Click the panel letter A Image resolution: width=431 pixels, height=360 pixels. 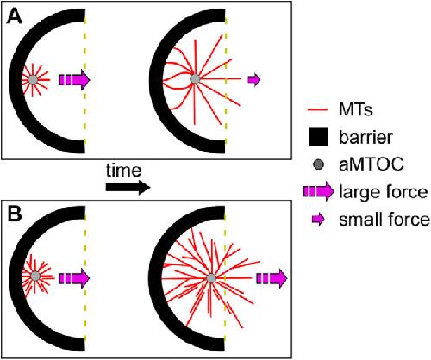tap(15, 16)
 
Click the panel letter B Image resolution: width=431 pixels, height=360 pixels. tap(15, 214)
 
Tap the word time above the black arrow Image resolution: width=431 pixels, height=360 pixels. tap(123, 171)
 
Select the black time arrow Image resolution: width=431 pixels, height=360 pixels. tap(128, 188)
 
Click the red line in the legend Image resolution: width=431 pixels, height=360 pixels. tap(317, 109)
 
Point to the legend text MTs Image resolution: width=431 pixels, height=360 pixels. tap(356, 109)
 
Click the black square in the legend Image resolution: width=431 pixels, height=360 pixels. tap(318, 137)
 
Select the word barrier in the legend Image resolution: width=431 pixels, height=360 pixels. tap(365, 137)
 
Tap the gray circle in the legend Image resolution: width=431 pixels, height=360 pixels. tap(318, 164)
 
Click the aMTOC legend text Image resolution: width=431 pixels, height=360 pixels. tap(372, 164)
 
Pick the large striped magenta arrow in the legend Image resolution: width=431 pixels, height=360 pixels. tap(318, 191)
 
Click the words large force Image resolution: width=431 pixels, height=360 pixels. tap(384, 192)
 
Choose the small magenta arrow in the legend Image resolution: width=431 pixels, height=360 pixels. tap(318, 220)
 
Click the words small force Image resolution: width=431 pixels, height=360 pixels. tap(384, 220)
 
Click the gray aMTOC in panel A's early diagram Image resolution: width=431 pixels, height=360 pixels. tap(33, 80)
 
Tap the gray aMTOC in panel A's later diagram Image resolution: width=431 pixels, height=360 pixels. tap(195, 78)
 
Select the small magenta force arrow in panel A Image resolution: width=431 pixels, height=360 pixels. tap(254, 79)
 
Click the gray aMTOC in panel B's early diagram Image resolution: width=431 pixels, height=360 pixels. tap(35, 276)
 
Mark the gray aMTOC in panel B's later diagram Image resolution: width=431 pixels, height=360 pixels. tap(211, 278)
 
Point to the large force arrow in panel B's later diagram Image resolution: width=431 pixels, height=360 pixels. tap(272, 278)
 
